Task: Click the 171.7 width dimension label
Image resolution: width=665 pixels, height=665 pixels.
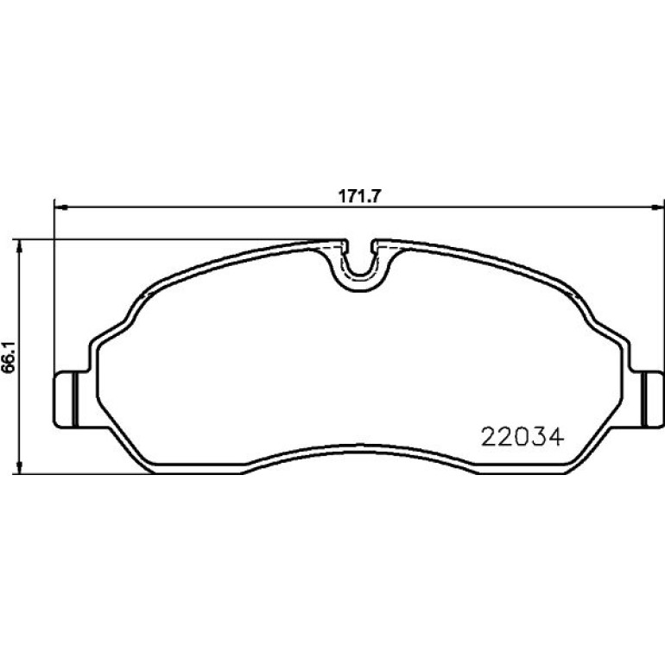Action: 359,196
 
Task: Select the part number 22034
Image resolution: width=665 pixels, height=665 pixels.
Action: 522,437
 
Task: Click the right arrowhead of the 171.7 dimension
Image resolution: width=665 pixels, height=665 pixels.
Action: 657,207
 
